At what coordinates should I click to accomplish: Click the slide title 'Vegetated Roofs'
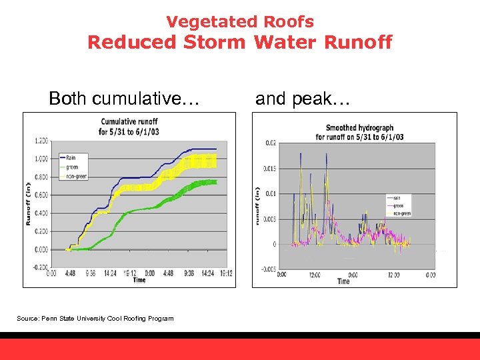tap(240, 22)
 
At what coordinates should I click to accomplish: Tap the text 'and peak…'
tap(293, 99)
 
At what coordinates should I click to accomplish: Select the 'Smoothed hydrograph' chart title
tap(359, 132)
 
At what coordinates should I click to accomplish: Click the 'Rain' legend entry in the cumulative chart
tap(71, 157)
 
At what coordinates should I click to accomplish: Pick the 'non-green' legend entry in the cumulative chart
tap(76, 176)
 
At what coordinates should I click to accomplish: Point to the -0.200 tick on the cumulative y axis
tap(39, 267)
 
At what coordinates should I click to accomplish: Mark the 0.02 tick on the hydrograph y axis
tap(269, 143)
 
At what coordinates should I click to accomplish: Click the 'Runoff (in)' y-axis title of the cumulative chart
tap(29, 203)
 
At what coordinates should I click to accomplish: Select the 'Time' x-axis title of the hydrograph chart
tap(343, 281)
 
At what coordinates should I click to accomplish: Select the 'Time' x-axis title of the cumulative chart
tap(139, 280)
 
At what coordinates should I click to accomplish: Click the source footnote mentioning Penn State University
tap(95, 319)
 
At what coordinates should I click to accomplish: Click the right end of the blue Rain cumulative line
tap(216, 149)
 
